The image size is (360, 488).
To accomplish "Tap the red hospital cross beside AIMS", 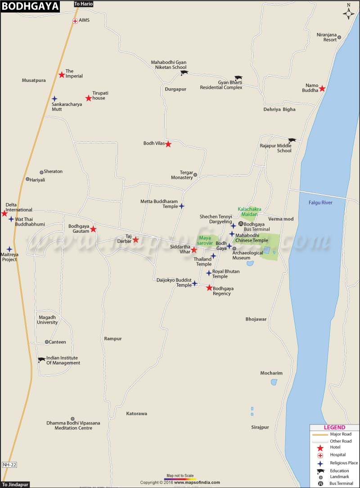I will (x=75, y=21).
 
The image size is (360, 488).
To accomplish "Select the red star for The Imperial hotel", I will (x=62, y=75).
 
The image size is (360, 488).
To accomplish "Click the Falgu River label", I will (x=320, y=203).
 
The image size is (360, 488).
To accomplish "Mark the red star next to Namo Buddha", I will (x=322, y=89).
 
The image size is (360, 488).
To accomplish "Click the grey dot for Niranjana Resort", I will (x=339, y=37).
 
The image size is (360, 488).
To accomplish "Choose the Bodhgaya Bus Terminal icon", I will (x=241, y=224).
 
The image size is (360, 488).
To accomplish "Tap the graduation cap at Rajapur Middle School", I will (x=292, y=141).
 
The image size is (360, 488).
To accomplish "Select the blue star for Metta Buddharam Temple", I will (x=181, y=206).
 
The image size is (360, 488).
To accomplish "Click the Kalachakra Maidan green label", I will (x=249, y=212).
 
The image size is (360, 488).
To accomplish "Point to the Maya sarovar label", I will (x=205, y=240).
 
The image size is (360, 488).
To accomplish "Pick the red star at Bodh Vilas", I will (x=168, y=144).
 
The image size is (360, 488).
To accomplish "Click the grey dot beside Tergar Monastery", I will (x=195, y=174).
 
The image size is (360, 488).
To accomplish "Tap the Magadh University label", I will (x=48, y=320).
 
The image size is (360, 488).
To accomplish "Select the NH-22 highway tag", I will (x=9, y=464).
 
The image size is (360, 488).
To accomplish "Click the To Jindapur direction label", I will (x=15, y=484).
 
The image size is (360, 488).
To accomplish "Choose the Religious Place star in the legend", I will (x=320, y=463).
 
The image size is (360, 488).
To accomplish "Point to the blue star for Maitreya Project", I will (x=9, y=249).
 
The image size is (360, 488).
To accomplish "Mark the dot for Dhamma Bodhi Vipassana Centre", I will (x=72, y=419).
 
